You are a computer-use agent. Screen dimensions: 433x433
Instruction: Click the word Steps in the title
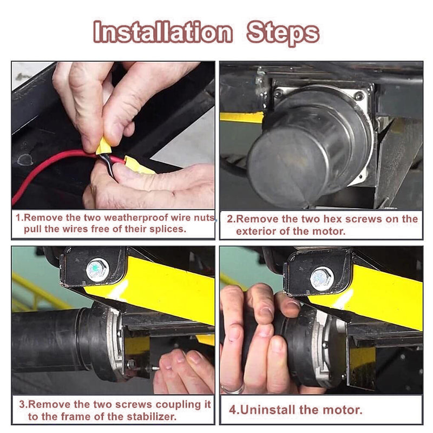pos(283,32)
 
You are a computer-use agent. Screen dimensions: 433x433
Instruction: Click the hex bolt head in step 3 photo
pos(97,268)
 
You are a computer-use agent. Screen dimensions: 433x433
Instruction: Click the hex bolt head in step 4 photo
pos(322,278)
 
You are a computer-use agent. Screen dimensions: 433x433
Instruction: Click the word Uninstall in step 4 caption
pos(266,409)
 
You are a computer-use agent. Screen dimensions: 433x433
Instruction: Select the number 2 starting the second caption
pos(230,219)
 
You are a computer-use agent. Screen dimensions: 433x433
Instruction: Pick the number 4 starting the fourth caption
pos(232,409)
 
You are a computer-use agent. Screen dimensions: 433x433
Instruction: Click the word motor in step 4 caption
pos(344,409)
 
